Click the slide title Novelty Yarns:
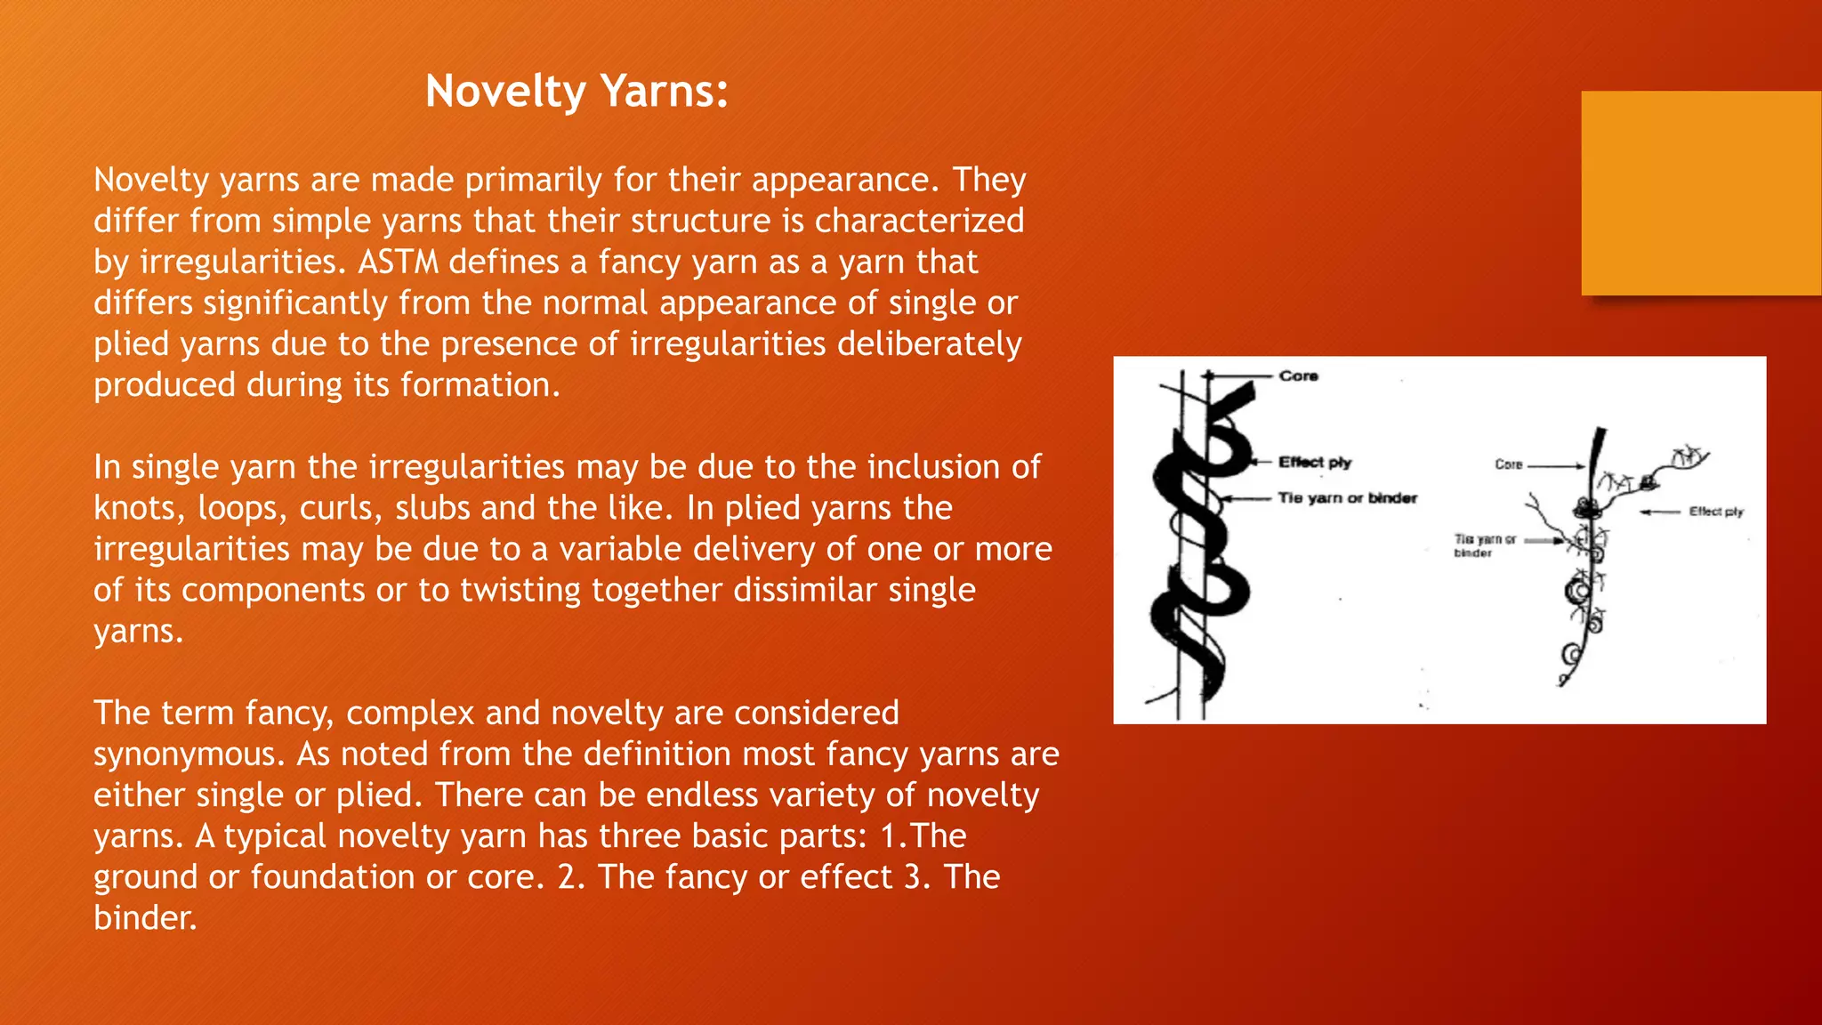[576, 91]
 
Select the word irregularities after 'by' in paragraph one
[245, 262]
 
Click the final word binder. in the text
[144, 918]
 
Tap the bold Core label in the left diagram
[1298, 376]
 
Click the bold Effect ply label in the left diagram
[1314, 462]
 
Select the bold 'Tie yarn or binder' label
[1347, 498]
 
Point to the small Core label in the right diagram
[1508, 464]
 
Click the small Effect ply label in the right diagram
[1715, 512]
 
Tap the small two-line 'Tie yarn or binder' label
[1484, 545]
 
